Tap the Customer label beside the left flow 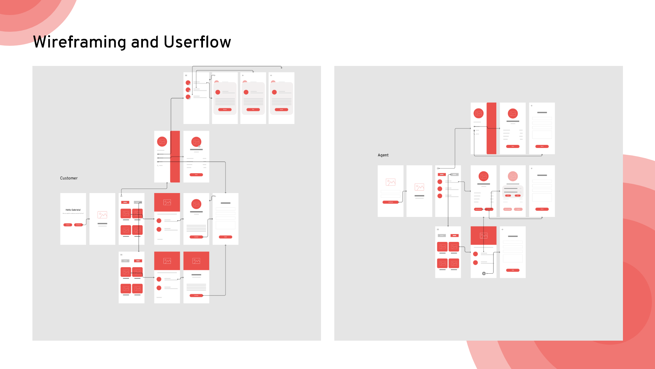pos(69,178)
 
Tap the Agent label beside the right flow pos(383,155)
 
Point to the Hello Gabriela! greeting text pos(73,210)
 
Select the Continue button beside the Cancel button pos(78,225)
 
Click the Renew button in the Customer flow pos(225,110)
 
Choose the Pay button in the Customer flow pos(253,110)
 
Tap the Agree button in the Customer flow pos(281,110)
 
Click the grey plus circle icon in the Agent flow pos(484,273)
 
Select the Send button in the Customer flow pos(225,237)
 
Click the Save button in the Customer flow pos(196,175)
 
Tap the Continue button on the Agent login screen pos(391,202)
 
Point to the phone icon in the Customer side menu pos(158,165)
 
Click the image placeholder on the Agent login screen pos(391,182)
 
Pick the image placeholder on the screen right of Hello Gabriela pos(102,215)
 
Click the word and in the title pos(145,42)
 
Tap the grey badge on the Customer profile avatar pos(199,146)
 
